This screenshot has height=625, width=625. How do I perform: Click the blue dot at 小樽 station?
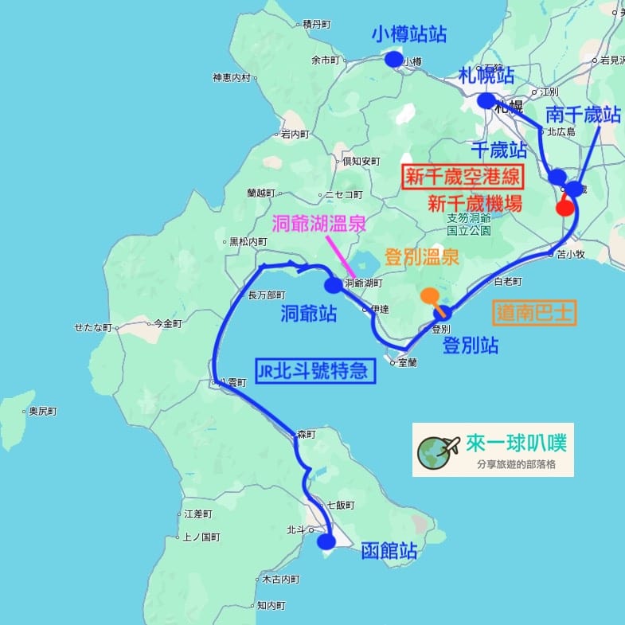pos(393,59)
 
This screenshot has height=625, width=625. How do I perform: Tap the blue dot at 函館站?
pos(326,541)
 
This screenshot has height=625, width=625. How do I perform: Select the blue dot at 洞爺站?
pos(333,285)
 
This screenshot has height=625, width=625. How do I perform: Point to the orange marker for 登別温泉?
pos(430,296)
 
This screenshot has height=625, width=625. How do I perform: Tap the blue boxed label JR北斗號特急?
pos(315,370)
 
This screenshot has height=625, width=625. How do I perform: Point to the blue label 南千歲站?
pos(583,115)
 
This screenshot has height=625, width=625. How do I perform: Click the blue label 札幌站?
pos(486,76)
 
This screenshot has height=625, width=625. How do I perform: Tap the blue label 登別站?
pos(471,346)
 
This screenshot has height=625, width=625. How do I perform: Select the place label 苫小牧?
pos(571,255)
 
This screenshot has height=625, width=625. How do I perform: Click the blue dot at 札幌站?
pos(486,100)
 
